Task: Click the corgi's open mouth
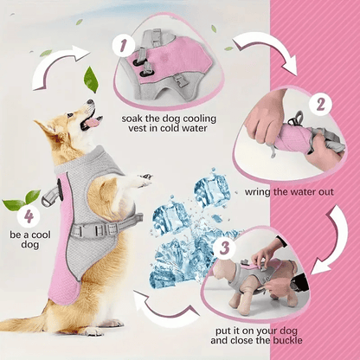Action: (x=87, y=124)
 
